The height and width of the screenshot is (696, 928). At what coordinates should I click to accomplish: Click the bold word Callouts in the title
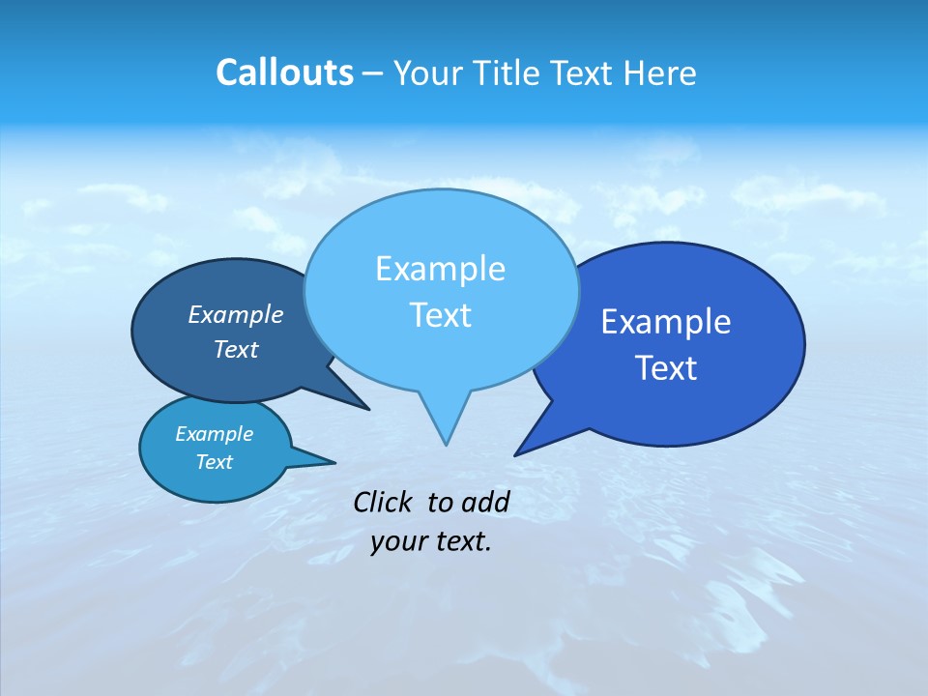[284, 72]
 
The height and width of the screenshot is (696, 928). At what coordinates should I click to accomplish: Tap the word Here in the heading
[660, 72]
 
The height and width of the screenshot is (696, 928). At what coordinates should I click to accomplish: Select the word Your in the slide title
[426, 72]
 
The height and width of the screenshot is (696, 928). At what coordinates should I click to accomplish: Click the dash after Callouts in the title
[373, 73]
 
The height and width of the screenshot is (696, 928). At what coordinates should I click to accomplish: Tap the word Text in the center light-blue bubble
[440, 315]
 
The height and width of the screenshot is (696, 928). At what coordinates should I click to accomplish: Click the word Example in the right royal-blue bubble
[666, 321]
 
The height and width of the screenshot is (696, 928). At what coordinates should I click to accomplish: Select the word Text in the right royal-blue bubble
[666, 368]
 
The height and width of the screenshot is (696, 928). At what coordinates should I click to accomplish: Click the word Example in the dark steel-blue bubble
[236, 314]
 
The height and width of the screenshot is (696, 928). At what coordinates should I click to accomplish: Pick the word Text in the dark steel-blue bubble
[236, 349]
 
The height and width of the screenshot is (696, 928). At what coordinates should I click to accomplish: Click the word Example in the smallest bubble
[214, 434]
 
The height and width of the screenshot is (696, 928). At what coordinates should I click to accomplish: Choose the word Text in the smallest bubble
[214, 462]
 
